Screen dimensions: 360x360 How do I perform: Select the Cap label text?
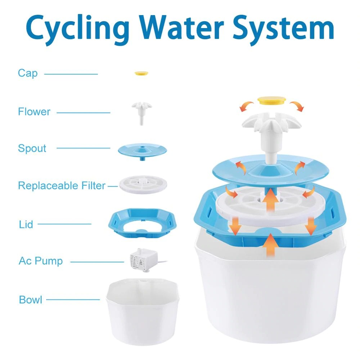pos(28,73)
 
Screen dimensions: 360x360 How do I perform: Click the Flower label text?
pos(34,112)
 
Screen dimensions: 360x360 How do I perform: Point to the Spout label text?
pos(32,148)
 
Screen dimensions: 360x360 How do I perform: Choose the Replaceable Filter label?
pos(62,186)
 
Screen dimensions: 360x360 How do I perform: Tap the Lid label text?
pos(26,225)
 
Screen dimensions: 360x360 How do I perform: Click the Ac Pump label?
pos(41,261)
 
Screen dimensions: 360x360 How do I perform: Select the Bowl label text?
pos(31,300)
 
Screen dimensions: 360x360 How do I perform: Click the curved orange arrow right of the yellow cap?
pos(298,106)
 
